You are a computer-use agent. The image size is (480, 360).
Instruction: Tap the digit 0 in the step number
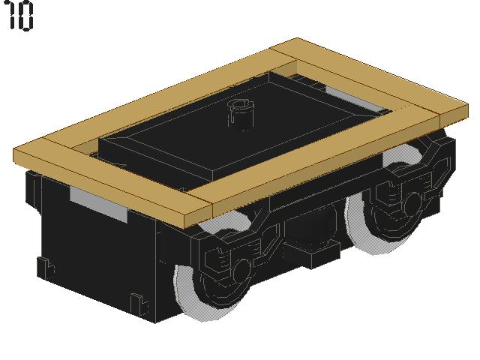[25, 16]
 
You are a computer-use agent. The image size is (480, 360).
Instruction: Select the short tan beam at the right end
[367, 75]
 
